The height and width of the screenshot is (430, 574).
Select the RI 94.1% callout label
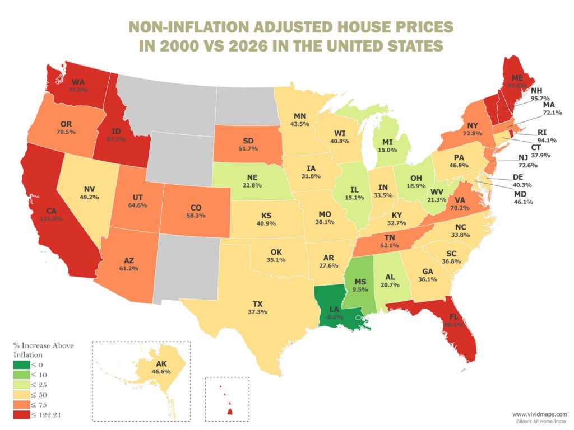pos(535,136)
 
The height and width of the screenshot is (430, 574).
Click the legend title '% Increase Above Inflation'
pos(43,350)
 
